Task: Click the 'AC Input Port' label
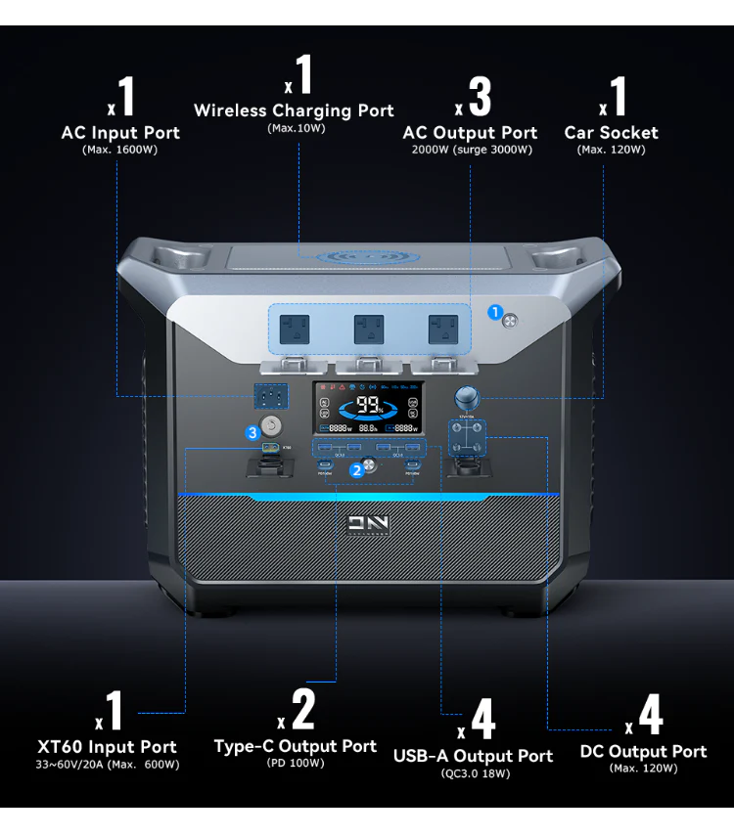[120, 133]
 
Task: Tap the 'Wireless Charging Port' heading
[294, 110]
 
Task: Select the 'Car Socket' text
[611, 133]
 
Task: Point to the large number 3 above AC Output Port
[479, 97]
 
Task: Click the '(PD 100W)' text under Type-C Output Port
[295, 763]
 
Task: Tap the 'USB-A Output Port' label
[473, 756]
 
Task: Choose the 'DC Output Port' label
[643, 751]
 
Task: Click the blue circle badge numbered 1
[495, 313]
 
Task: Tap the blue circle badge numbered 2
[357, 468]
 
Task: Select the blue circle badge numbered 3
[252, 431]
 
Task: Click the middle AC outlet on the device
[368, 328]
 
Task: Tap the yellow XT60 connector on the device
[269, 450]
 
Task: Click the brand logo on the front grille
[368, 523]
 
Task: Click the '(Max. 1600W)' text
[120, 150]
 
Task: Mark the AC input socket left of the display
[271, 397]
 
